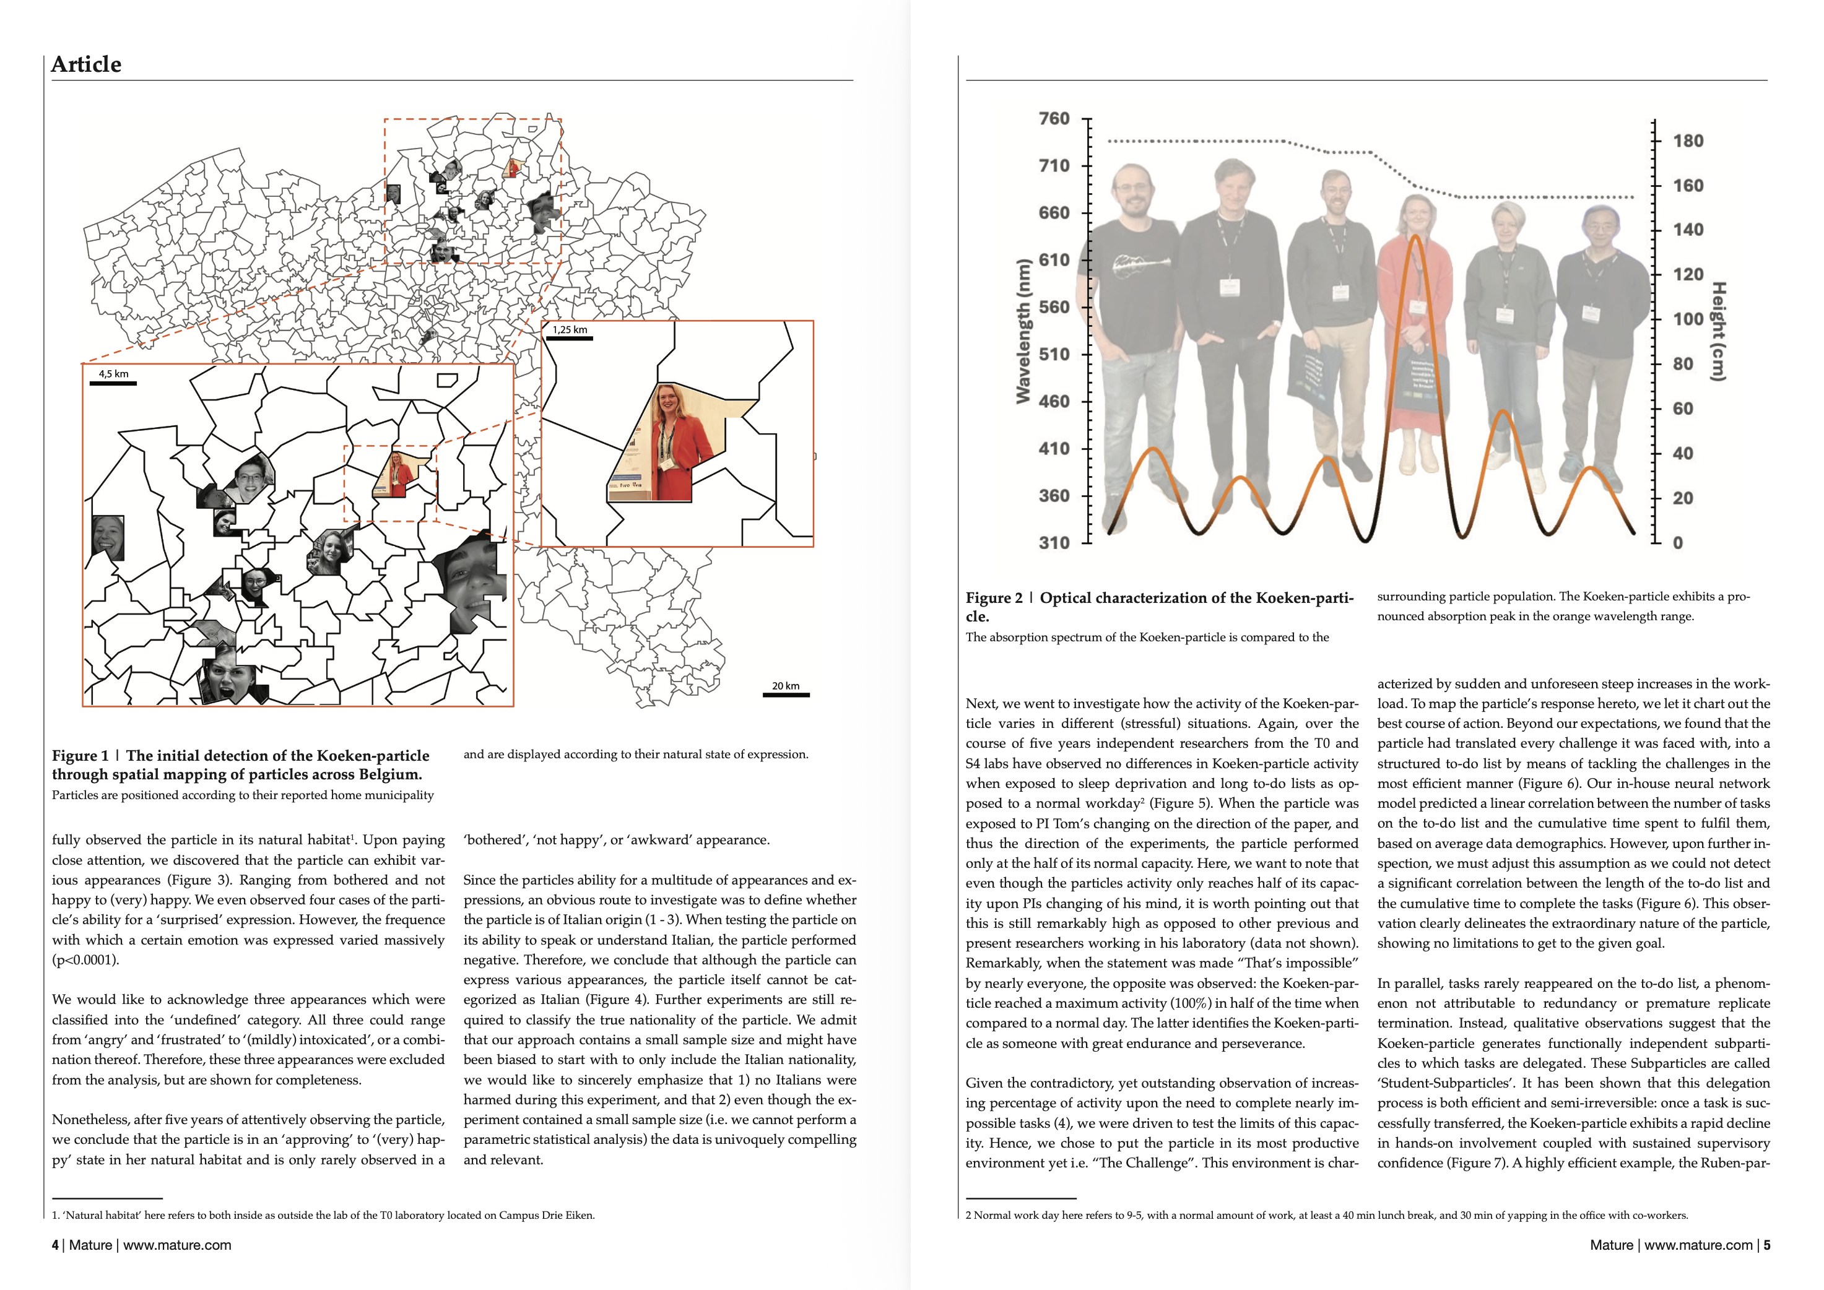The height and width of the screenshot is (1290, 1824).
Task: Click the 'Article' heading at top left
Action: click(x=86, y=64)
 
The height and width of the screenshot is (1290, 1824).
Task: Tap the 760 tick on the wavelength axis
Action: click(x=1054, y=118)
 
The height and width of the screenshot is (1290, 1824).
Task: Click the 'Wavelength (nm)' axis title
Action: click(x=1023, y=331)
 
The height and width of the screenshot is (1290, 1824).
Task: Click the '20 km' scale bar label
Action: click(x=785, y=685)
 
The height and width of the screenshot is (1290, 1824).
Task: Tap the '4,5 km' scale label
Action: click(x=113, y=373)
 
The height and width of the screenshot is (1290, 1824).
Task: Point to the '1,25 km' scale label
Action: click(x=570, y=330)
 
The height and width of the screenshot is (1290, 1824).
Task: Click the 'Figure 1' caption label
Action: click(x=79, y=755)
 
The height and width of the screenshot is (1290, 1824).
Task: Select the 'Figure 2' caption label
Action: click(x=994, y=598)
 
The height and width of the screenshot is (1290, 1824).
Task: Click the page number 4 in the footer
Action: click(x=55, y=1245)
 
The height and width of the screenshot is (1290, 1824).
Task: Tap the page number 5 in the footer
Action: click(x=1767, y=1245)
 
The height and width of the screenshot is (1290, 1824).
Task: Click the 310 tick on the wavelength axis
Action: click(x=1054, y=542)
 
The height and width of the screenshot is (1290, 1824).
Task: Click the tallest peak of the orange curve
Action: click(x=1414, y=236)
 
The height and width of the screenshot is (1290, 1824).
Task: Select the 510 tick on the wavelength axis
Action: click(x=1054, y=354)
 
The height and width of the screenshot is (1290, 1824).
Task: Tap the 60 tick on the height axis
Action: click(x=1683, y=409)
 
